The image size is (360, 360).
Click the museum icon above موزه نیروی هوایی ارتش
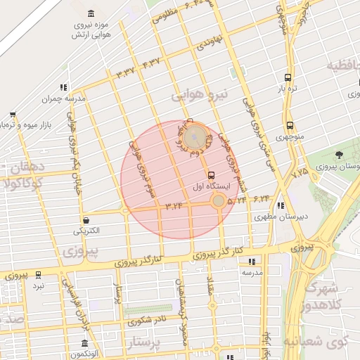[92, 14]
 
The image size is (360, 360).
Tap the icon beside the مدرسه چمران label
[64, 88]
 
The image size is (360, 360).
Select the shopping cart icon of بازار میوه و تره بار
[13, 115]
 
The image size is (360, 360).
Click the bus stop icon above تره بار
[288, 78]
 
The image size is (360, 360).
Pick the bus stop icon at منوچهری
[289, 126]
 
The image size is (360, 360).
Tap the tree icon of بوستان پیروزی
[339, 155]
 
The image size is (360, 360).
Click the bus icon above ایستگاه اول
[211, 175]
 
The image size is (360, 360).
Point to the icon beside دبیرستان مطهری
[281, 206]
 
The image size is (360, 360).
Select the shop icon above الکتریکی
[86, 219]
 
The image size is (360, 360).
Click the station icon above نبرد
[38, 275]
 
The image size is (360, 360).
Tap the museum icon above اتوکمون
[85, 344]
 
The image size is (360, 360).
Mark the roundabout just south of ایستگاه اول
[219, 201]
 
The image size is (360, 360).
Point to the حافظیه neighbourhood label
[345, 67]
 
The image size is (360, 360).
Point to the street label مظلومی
[170, 13]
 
